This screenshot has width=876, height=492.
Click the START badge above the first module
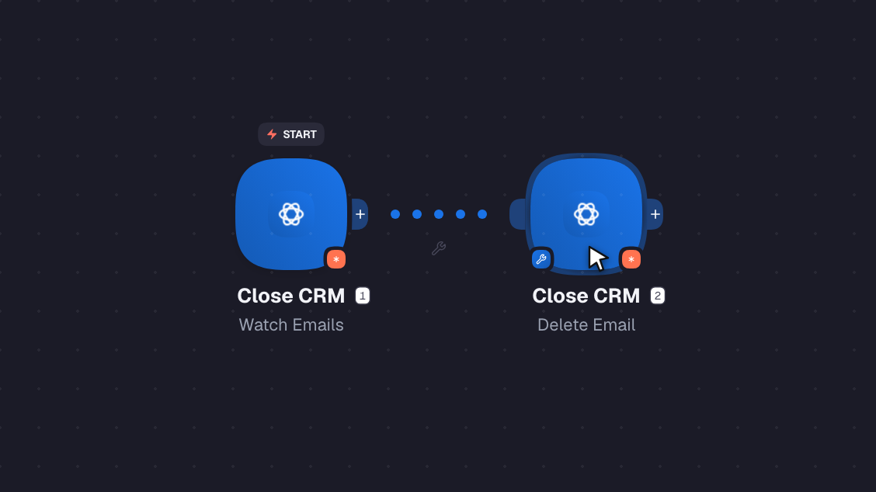pos(291,134)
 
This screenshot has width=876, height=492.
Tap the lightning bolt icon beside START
pos(272,134)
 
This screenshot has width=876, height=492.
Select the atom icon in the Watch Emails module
pos(291,214)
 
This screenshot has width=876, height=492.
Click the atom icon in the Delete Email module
pos(586,214)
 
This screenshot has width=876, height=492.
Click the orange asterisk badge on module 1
pos(335,259)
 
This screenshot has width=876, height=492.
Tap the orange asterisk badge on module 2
pos(631,259)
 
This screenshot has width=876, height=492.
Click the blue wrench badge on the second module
pos(541,259)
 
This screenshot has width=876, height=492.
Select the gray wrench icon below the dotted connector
pos(439,248)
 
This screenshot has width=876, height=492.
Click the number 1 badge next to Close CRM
pos(363,296)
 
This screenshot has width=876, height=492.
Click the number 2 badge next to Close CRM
pos(658,296)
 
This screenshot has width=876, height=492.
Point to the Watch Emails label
pos(291,325)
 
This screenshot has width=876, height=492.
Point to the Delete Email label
pos(586,325)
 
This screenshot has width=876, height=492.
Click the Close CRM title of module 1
pos(291,296)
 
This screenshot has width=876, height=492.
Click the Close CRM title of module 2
pos(586,296)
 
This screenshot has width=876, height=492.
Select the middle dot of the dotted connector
pos(439,214)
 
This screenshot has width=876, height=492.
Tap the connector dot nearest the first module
pos(395,214)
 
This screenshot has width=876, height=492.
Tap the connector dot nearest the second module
pos(482,214)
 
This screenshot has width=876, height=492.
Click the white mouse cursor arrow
pos(596,258)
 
